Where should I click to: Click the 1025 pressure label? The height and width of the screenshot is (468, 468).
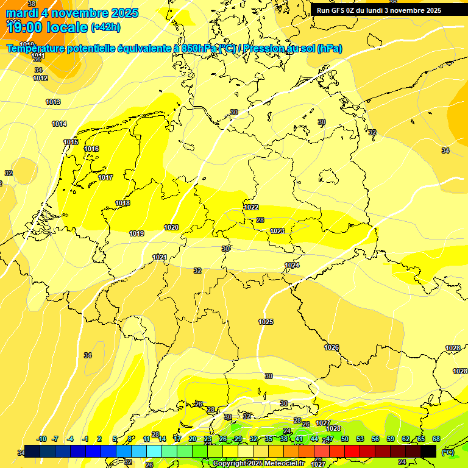tap(266, 322)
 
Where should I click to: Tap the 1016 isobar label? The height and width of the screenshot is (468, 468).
tap(92, 149)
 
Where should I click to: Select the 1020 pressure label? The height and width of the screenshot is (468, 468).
tap(171, 228)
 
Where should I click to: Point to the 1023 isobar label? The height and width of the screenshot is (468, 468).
tap(277, 231)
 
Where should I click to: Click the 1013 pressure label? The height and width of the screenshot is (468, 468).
tap(53, 102)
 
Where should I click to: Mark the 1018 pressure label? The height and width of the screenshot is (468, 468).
tap(122, 203)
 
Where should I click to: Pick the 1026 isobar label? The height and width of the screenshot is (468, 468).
tap(331, 347)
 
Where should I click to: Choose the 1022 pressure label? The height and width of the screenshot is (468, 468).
tap(251, 207)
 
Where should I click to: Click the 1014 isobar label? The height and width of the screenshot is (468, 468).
tap(59, 124)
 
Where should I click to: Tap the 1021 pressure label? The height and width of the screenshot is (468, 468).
tap(160, 257)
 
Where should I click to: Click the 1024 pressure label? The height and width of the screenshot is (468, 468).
tap(292, 265)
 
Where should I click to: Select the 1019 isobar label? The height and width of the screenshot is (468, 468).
tap(136, 233)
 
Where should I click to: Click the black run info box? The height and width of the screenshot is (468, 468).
tap(378, 10)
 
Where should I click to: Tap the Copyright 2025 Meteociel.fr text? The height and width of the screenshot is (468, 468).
tap(258, 464)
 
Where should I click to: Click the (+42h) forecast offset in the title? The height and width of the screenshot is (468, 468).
tap(105, 27)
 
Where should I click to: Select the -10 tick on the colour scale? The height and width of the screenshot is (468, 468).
tap(41, 439)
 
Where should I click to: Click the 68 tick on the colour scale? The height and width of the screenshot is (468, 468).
tap(436, 439)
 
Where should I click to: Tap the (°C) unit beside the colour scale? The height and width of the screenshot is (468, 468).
tap(447, 452)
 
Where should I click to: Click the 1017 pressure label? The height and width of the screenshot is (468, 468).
tap(105, 177)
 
